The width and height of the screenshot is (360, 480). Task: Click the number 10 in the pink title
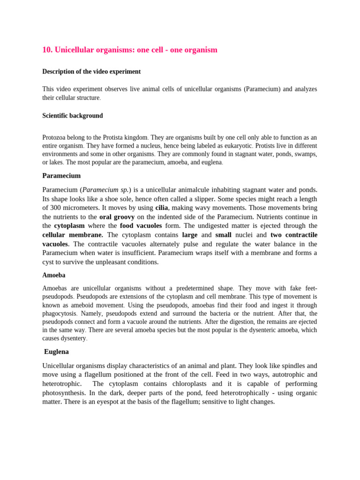coord(46,50)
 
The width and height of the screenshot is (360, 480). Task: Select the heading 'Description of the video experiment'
coord(91,72)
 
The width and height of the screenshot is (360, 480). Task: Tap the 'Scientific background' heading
coord(73,116)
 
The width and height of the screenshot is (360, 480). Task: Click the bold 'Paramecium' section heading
coord(61,176)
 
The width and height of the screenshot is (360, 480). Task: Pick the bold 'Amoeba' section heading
coord(54,275)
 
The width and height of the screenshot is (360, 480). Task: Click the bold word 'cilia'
coord(161,208)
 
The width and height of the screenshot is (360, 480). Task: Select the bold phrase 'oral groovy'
coord(117,217)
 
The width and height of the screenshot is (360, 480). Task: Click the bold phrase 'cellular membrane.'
coord(73,235)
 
